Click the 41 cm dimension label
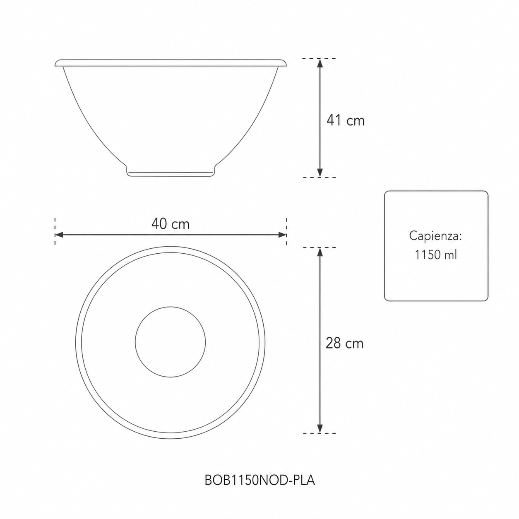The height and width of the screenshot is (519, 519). coord(346,120)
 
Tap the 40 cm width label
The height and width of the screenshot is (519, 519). coord(171,224)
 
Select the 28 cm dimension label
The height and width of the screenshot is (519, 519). coord(345,344)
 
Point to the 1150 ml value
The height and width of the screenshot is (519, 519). coord(436,255)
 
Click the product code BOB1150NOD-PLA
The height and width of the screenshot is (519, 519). coord(259,480)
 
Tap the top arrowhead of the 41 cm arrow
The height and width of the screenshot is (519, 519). coord(320,63)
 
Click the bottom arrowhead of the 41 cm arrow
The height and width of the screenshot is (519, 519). coord(320,173)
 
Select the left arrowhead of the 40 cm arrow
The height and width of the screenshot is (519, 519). coord(60,235)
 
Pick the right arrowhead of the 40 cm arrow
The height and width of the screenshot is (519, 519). coord(282,235)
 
